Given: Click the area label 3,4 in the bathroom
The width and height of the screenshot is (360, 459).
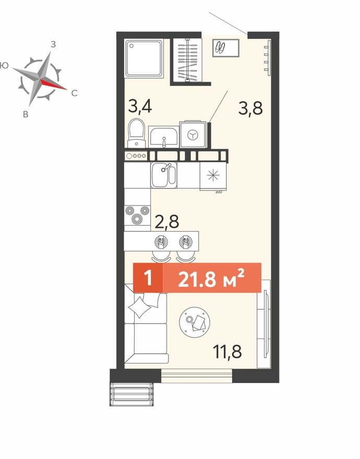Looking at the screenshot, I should [x=140, y=107].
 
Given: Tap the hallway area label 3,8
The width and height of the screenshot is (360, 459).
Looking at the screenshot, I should [x=250, y=108].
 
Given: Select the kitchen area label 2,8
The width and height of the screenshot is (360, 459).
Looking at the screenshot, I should [x=167, y=221].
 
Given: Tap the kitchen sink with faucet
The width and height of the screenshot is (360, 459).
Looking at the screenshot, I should [x=163, y=174].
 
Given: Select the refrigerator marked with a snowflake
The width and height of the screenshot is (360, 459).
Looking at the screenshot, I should [x=213, y=175].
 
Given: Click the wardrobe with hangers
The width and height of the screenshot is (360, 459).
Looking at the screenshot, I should [x=186, y=61].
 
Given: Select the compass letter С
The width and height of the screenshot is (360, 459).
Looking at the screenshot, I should [x=74, y=93].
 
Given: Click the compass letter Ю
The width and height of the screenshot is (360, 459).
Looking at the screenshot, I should [x=5, y=66].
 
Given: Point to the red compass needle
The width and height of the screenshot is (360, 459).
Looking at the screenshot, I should [x=53, y=84].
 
